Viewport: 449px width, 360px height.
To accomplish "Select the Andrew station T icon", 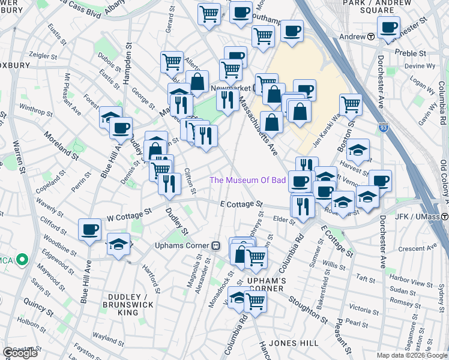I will coord(371,37).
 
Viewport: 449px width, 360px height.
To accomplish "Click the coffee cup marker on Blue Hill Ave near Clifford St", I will coord(90,229).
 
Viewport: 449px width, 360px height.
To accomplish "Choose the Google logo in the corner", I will coord(20,353).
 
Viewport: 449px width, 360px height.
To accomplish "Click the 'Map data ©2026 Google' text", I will coord(412,355).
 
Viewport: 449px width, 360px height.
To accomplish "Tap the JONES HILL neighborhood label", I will coord(289,343).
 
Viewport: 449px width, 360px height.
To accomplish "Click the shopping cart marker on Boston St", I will coord(351,104).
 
